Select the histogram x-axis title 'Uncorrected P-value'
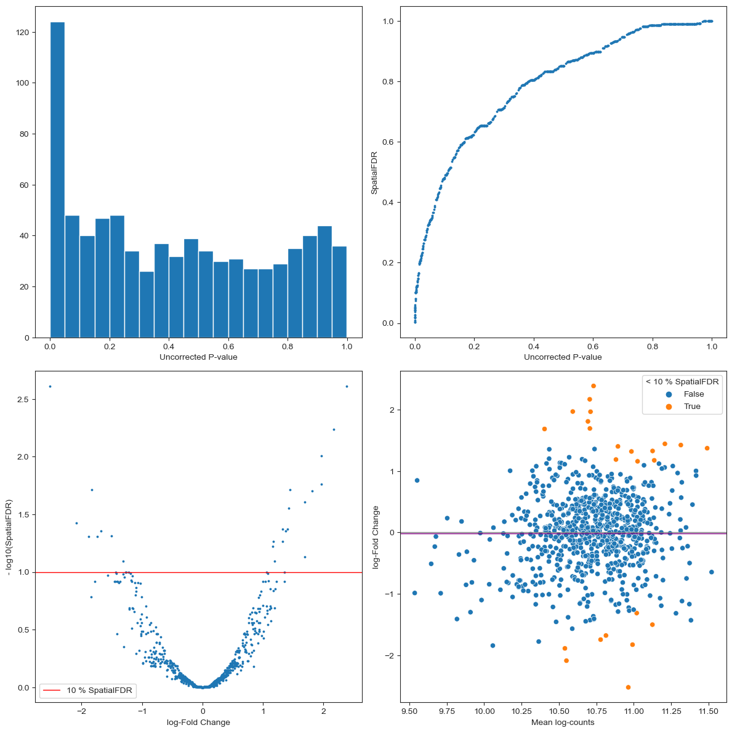pyautogui.click(x=198, y=357)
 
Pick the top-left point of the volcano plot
pyautogui.click(x=50, y=386)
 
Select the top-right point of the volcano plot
pyautogui.click(x=347, y=386)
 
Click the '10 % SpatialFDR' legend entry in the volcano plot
pyautogui.click(x=87, y=690)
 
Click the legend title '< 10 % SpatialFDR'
pyautogui.click(x=682, y=382)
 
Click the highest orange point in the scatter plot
pyautogui.click(x=593, y=386)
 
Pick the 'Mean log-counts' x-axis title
pyautogui.click(x=563, y=722)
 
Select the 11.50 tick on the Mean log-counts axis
pyautogui.click(x=708, y=710)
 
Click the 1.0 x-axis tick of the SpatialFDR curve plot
pyautogui.click(x=712, y=345)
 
